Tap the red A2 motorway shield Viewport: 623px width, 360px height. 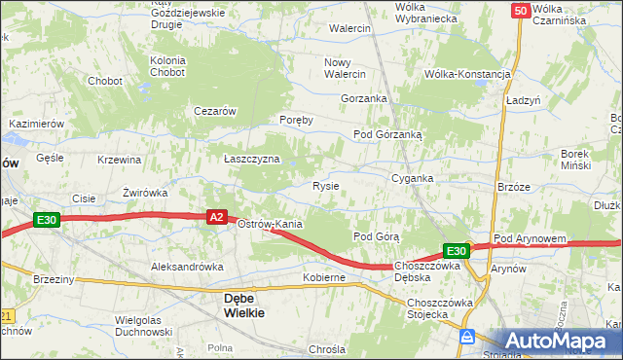217,219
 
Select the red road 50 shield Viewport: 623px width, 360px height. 520,10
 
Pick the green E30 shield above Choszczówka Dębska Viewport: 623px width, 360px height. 458,251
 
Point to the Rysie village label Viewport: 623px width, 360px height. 325,186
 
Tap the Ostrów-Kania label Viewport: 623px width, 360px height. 271,225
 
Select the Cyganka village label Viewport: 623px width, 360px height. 412,179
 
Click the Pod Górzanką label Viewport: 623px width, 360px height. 387,135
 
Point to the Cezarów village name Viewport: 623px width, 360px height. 216,111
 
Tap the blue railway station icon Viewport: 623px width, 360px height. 467,337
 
